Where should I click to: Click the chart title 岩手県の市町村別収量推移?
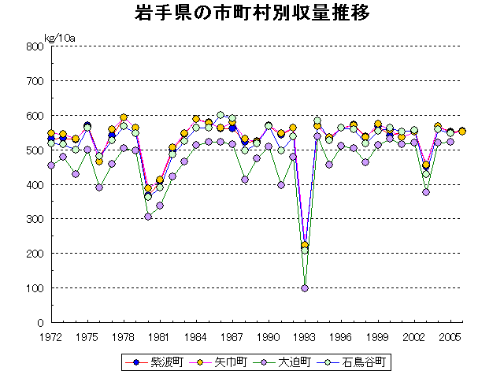click(x=253, y=14)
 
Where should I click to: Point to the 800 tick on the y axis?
click(x=33, y=46)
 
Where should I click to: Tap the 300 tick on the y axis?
click(x=33, y=219)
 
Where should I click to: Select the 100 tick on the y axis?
click(x=33, y=288)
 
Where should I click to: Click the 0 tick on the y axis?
click(x=38, y=323)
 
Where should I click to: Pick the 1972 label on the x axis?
click(x=51, y=336)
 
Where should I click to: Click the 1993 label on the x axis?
click(x=305, y=336)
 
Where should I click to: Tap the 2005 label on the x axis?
click(x=450, y=336)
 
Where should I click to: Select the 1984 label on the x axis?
click(x=196, y=336)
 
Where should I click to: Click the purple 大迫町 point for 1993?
click(x=305, y=288)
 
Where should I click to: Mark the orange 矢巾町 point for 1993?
click(x=305, y=245)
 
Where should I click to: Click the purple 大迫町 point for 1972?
click(x=51, y=165)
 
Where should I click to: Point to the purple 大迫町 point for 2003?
click(x=426, y=191)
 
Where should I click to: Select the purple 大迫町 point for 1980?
click(x=148, y=217)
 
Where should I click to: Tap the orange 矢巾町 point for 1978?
click(x=124, y=117)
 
